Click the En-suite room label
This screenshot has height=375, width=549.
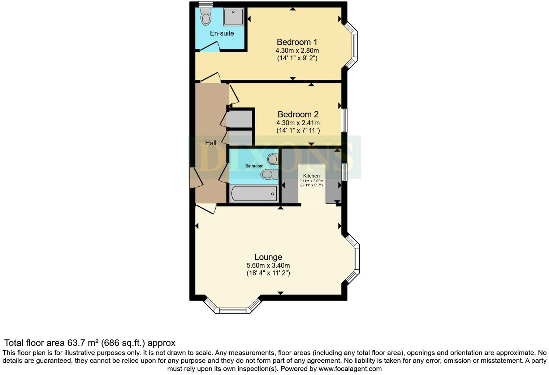coord(222,33)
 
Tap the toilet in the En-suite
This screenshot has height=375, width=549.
coord(206,16)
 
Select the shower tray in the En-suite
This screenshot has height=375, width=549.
coord(233,17)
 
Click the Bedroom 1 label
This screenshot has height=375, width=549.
coord(297,42)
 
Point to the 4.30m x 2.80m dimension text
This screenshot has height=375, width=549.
coord(297,50)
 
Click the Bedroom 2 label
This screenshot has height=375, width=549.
coord(298,114)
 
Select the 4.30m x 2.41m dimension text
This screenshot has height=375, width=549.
coord(298,123)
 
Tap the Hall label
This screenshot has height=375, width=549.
coord(211,143)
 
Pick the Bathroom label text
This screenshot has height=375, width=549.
coord(254,166)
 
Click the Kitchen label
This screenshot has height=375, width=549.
coord(311,176)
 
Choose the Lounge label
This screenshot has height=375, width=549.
coord(268,257)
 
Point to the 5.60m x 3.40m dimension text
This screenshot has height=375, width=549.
coord(268,266)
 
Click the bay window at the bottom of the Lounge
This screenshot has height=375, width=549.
coord(233,309)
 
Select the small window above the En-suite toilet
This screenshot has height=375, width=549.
coord(205,4)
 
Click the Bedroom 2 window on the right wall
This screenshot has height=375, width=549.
coord(344,120)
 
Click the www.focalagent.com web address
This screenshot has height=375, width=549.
coord(350,369)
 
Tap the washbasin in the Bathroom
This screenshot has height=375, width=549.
coord(273,159)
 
